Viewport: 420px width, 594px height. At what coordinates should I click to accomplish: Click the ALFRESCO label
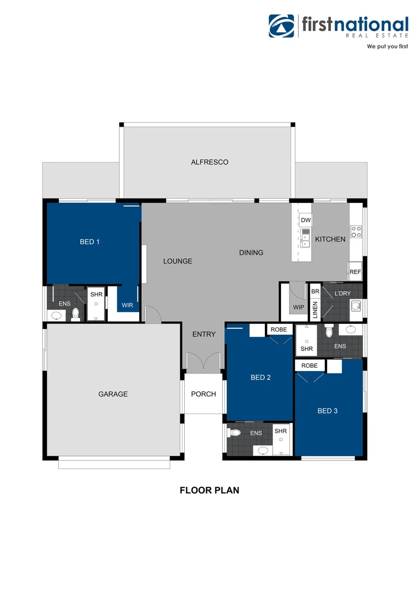tap(209, 162)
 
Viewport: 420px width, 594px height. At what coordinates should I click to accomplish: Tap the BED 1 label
tap(90, 241)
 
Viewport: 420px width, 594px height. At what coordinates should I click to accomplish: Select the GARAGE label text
tap(113, 394)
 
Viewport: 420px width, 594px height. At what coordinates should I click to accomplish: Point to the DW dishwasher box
tap(306, 221)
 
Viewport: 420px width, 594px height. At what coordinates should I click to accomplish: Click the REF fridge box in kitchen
tap(355, 272)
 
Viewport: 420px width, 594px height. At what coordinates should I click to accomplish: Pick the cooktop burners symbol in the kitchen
tap(356, 232)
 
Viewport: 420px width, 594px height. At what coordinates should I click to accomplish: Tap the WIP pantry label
tap(299, 307)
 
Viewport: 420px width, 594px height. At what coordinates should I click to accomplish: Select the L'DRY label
tap(342, 294)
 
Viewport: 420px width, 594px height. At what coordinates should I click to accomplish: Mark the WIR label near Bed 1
tap(128, 305)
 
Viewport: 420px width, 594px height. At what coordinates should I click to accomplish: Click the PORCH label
tap(203, 394)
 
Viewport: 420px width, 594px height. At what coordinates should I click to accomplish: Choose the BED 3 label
tap(328, 410)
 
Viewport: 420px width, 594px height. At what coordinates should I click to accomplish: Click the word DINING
tap(251, 253)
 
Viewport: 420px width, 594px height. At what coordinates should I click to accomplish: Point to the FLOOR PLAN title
tap(209, 490)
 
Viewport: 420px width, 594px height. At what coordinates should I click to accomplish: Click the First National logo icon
tap(281, 26)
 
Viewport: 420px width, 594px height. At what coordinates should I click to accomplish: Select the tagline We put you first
tap(388, 47)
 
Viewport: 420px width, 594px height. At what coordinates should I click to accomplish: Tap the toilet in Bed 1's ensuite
tap(76, 314)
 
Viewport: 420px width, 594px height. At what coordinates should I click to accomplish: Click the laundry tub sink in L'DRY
tap(355, 305)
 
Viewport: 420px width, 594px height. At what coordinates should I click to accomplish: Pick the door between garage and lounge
tap(151, 315)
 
